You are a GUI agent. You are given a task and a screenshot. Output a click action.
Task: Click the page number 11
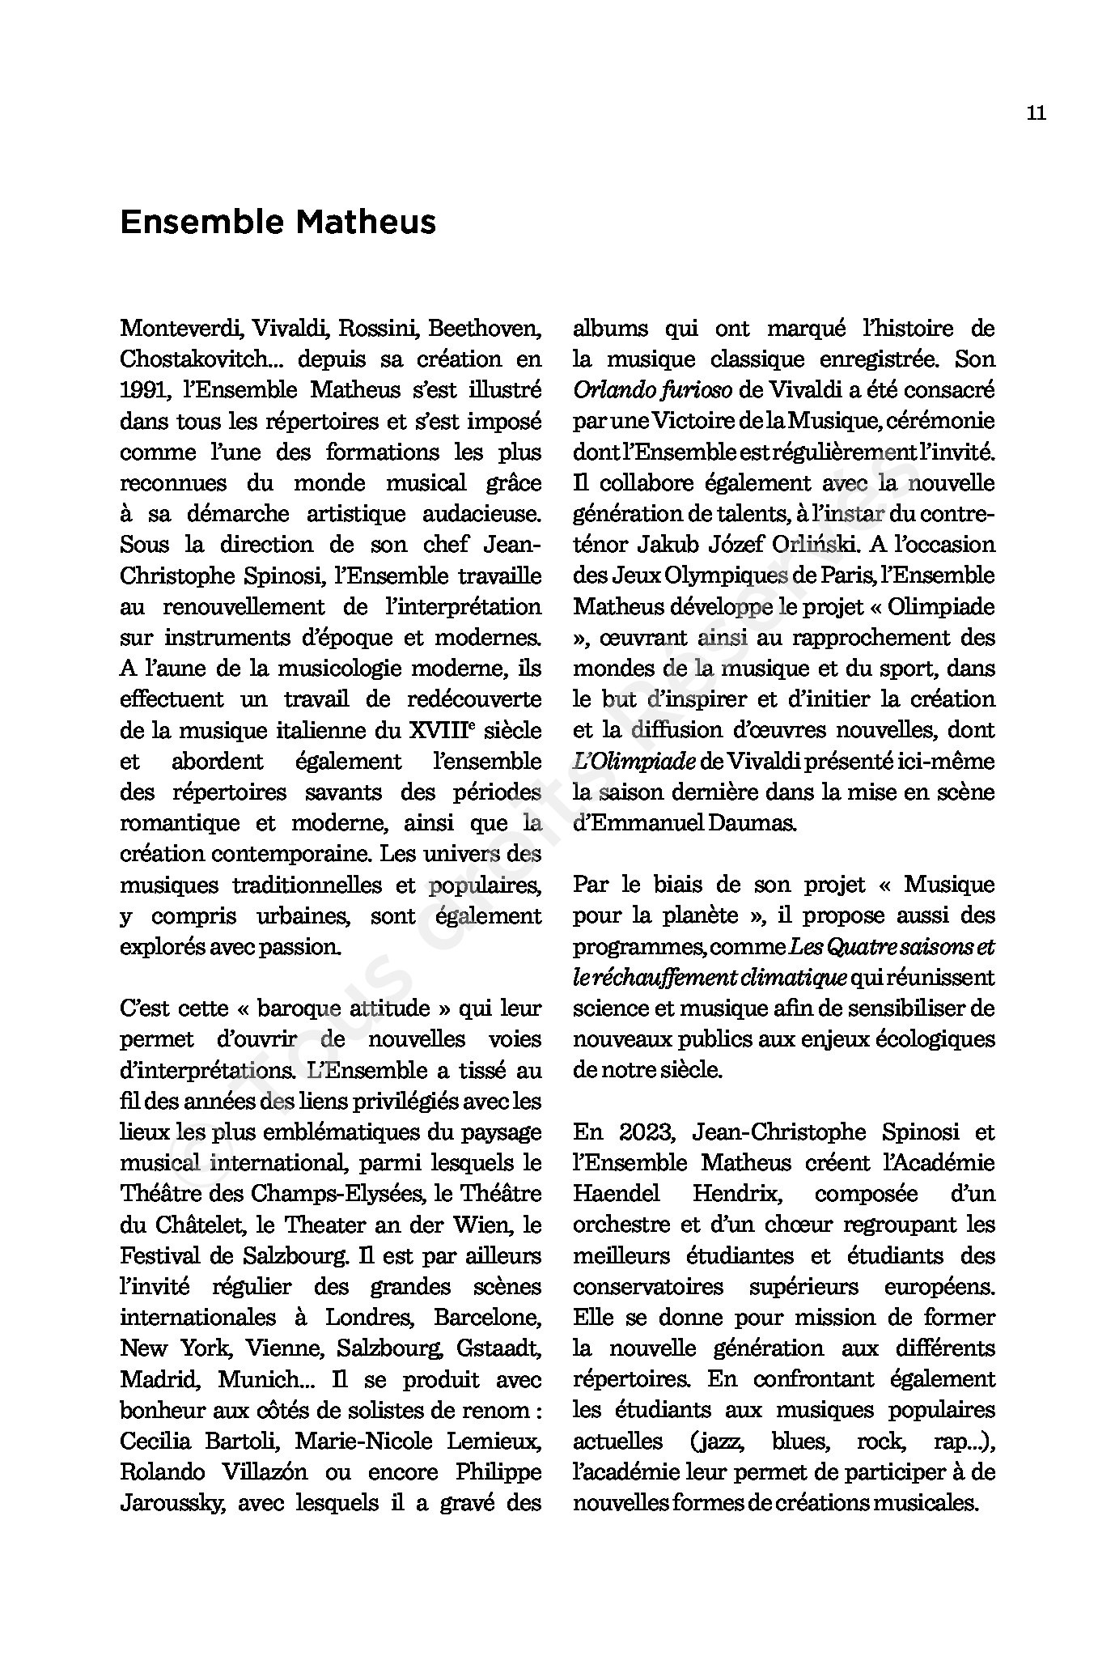click(x=1036, y=113)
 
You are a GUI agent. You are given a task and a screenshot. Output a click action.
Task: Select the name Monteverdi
click(x=182, y=329)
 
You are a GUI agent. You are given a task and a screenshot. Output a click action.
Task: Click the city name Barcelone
click(x=487, y=1317)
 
